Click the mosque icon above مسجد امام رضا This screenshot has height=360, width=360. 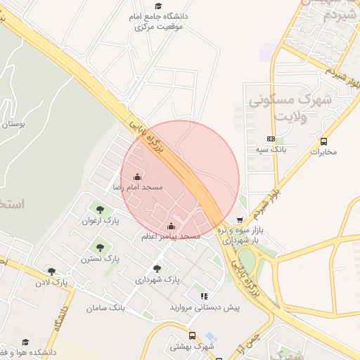coord(136,176)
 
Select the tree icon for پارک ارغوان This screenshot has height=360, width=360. coord(99,209)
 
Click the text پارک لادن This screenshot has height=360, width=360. coord(53,283)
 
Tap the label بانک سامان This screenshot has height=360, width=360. coord(105,308)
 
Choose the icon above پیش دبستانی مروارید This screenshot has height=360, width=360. coord(203,296)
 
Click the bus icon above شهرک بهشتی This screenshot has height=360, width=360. coord(192,335)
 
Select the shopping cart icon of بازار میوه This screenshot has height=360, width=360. coord(240,220)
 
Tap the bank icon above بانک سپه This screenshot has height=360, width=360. coord(271,139)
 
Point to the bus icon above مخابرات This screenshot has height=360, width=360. coord(323,141)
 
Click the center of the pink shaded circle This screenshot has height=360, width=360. coord(181,180)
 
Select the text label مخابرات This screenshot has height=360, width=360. coord(323,152)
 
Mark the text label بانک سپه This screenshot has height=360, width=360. coord(271,150)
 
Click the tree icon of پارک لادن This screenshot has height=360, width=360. coord(51,271)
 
